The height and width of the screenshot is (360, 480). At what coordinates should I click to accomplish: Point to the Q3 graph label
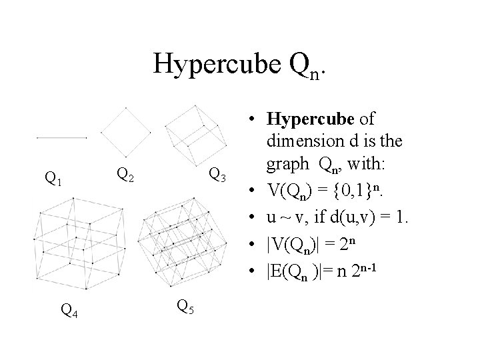(x=217, y=175)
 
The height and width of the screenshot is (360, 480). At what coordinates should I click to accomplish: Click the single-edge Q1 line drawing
(x=62, y=138)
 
